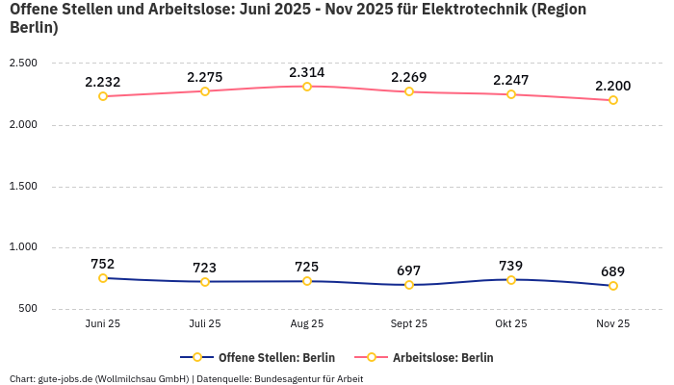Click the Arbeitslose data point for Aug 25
(x=307, y=87)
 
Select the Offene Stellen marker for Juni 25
(x=103, y=278)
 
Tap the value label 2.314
(x=307, y=72)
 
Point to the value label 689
(x=613, y=271)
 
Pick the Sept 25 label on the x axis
(x=409, y=324)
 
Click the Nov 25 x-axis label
(x=613, y=324)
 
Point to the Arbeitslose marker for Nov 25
(x=613, y=100)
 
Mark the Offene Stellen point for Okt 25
(x=511, y=280)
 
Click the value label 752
(x=103, y=264)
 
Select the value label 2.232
(x=103, y=82)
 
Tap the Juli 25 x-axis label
(x=205, y=324)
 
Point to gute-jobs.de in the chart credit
(x=66, y=378)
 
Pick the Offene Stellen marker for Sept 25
(x=409, y=285)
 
